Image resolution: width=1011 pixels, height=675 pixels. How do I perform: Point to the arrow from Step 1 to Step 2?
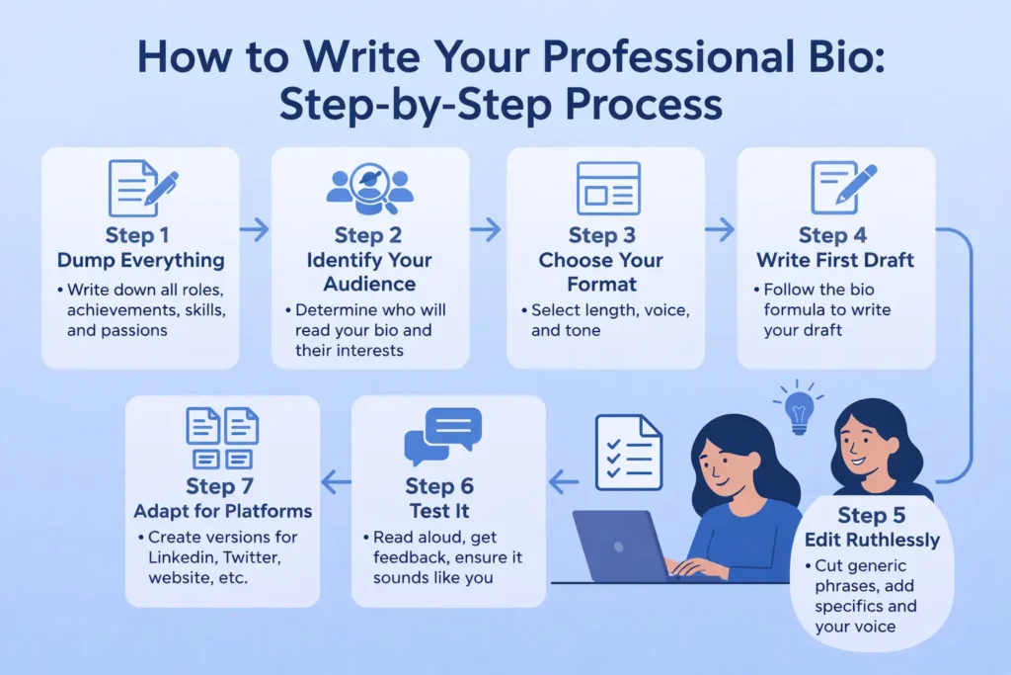coord(255,230)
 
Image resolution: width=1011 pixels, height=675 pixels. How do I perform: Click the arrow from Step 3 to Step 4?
coord(720,230)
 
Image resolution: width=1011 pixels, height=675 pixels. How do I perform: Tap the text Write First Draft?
coord(835,261)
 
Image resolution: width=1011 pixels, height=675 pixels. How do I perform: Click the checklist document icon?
coord(628,453)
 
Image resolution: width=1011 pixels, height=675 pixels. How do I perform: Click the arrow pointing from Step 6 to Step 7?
coord(338,483)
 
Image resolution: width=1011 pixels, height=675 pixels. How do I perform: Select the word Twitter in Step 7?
coord(258,557)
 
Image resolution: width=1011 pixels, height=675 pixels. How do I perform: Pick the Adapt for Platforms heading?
coord(223,511)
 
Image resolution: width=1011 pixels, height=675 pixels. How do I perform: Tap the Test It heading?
coord(439,511)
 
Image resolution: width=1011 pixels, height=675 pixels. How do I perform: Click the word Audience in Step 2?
coord(369,284)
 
